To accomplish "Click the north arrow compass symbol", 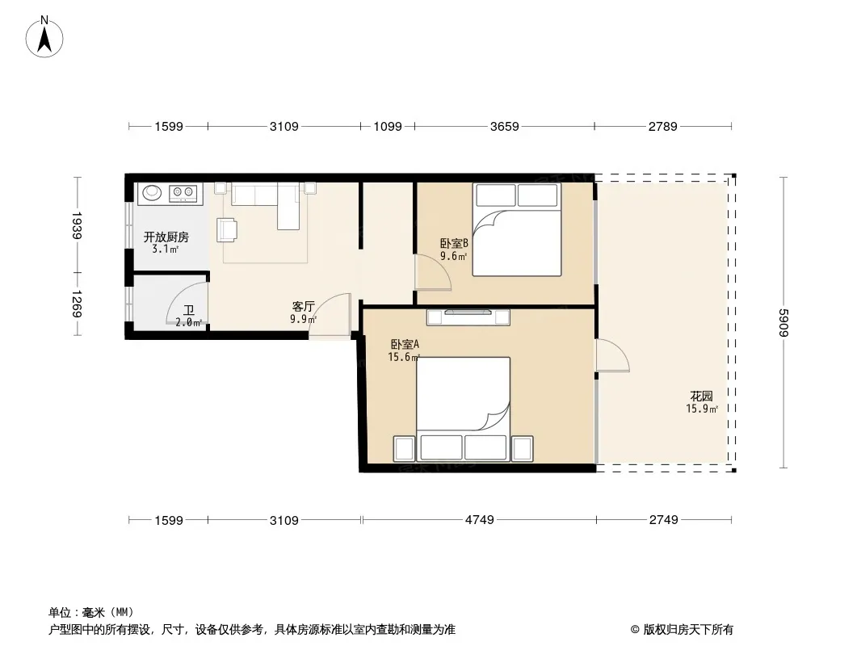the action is (44, 37).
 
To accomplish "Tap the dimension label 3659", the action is (504, 127).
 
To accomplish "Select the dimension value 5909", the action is (783, 323).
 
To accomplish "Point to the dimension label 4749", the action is (480, 520).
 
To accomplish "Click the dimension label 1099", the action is (388, 127).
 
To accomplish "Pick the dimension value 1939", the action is (77, 225).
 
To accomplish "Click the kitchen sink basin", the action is (152, 192).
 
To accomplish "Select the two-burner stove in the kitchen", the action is (183, 192).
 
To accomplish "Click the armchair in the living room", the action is (227, 230).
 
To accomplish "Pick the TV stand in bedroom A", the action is (468, 317).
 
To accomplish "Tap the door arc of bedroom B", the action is (433, 272).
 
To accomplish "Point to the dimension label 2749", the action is (663, 520).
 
